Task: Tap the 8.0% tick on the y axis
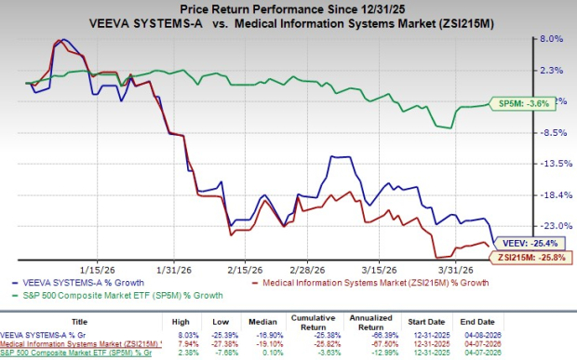551,39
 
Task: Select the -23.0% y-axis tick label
551,226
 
